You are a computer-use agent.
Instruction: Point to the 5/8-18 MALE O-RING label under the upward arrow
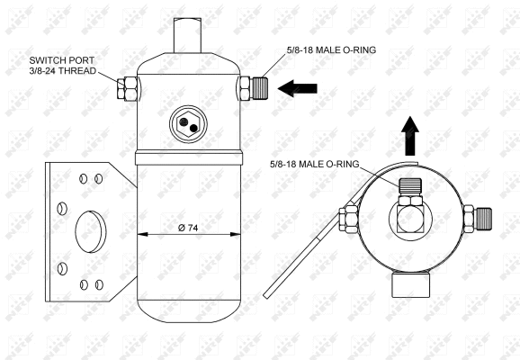[315, 163]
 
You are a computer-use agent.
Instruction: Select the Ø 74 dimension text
[188, 228]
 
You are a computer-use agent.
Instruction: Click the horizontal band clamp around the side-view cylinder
[188, 159]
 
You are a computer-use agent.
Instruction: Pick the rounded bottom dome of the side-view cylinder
[188, 306]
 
